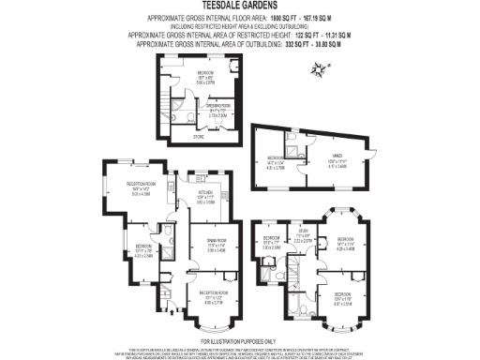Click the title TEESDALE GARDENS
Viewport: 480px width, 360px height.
click(240, 6)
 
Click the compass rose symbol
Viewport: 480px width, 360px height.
click(321, 68)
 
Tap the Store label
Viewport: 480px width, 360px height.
click(198, 137)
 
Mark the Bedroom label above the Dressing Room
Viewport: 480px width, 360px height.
click(204, 72)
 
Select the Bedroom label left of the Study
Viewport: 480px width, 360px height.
click(271, 240)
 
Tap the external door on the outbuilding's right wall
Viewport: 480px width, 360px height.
click(370, 154)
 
